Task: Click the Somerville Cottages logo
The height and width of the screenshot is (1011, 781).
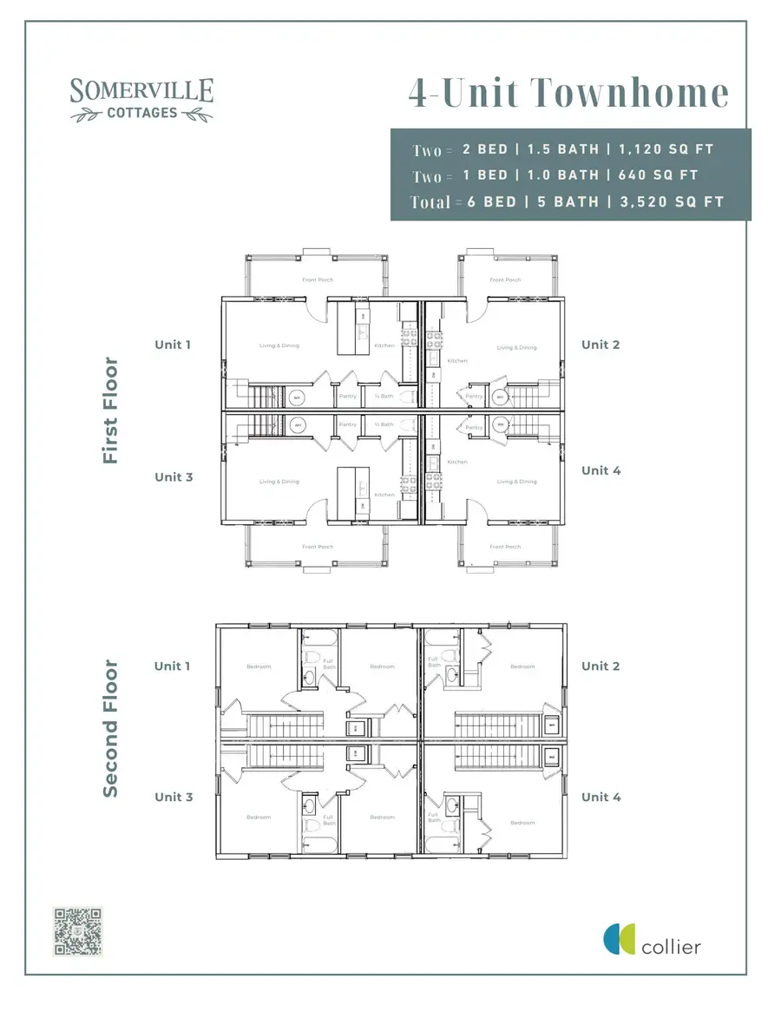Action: (x=141, y=98)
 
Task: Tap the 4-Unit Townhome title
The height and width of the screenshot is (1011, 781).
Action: (x=568, y=94)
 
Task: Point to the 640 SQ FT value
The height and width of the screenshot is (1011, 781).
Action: (x=658, y=175)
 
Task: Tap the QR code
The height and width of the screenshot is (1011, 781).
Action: (x=78, y=931)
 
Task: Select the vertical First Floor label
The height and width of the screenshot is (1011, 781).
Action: (x=110, y=410)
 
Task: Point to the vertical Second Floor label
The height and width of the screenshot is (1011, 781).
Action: (x=110, y=729)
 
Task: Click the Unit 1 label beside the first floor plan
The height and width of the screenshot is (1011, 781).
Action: (x=173, y=345)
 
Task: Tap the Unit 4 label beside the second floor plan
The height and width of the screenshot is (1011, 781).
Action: (x=601, y=797)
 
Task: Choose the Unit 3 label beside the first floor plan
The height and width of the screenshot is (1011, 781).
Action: (x=173, y=476)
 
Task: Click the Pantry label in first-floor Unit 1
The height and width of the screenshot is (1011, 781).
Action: (x=348, y=397)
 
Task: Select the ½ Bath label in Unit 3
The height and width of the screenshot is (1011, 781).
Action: (x=384, y=424)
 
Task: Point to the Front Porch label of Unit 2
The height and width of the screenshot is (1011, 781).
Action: (x=505, y=279)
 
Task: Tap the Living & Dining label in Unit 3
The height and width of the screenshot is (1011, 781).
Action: (x=279, y=482)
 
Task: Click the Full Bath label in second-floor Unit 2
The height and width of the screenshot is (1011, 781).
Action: (x=433, y=662)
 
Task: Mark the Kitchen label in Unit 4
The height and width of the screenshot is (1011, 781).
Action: (x=456, y=462)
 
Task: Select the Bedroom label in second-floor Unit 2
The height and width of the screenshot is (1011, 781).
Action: (x=522, y=666)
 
